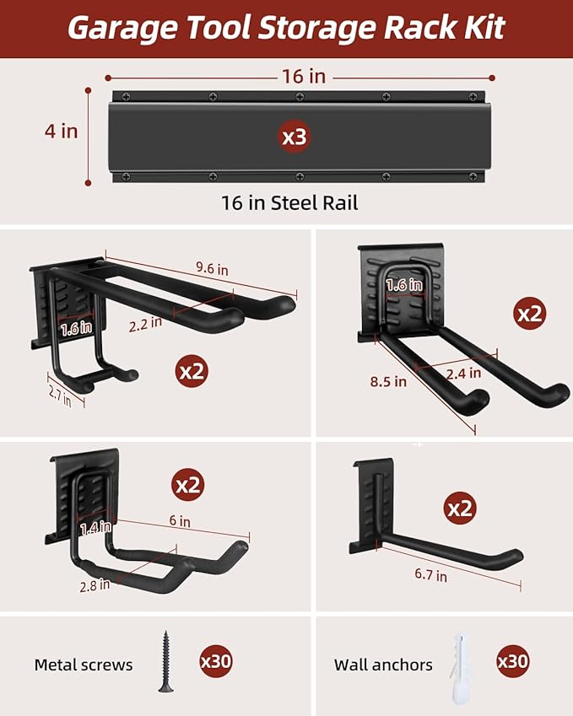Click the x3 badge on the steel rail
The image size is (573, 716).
pos(295,137)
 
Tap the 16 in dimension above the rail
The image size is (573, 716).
pos(304,76)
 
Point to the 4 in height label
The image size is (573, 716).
pos(62,132)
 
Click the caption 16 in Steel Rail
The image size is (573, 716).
pos(289,202)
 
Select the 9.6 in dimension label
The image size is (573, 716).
pos(212,268)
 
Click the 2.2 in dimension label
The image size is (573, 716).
pos(145,324)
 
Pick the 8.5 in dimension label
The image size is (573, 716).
pos(388,381)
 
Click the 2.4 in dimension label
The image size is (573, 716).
pos(463,374)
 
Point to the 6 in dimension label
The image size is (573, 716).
pos(180,520)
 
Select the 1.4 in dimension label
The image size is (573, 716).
pos(95,528)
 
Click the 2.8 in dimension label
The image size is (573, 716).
pos(95,585)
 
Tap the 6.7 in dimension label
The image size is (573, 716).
pos(431,574)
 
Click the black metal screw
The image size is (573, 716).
pos(165,661)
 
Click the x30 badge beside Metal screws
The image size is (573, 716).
pos(216,661)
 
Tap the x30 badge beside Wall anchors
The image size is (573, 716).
pos(513,661)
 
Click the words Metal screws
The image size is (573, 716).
pos(84,665)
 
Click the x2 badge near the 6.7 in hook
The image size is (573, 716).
pos(460,509)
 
